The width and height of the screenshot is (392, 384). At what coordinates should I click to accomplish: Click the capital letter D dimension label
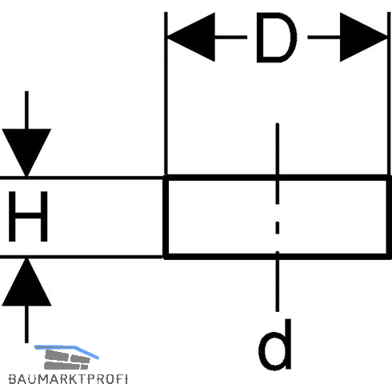(276, 38)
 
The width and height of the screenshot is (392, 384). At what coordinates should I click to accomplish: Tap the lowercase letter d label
(275, 345)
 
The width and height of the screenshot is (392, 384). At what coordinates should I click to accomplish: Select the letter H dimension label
(28, 216)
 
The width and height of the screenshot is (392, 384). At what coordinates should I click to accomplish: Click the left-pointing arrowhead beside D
(191, 37)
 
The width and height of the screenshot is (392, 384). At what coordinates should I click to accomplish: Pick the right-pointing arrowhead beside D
(364, 38)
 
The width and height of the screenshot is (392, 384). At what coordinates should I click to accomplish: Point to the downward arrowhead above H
(26, 153)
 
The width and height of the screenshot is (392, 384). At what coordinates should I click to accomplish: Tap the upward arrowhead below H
(26, 282)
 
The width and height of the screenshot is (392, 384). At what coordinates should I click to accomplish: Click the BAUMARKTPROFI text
(68, 378)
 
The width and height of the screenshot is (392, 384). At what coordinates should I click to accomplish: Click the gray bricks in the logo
(66, 359)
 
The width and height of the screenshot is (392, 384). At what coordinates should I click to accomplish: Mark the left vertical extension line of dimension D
(166, 94)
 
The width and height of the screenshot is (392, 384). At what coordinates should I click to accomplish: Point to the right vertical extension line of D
(389, 94)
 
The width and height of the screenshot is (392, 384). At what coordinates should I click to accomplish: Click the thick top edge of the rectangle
(278, 178)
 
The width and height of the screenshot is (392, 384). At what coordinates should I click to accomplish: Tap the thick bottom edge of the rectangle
(278, 256)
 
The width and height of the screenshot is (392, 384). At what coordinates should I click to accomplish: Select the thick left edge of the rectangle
(166, 217)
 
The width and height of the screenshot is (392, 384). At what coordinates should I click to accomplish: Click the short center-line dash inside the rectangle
(278, 228)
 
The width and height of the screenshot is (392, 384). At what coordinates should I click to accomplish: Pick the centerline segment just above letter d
(278, 282)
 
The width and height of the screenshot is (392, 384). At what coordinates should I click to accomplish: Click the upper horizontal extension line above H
(82, 178)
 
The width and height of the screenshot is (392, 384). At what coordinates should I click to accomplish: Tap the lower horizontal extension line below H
(82, 257)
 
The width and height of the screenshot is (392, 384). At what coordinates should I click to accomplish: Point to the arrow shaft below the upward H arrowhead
(26, 324)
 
